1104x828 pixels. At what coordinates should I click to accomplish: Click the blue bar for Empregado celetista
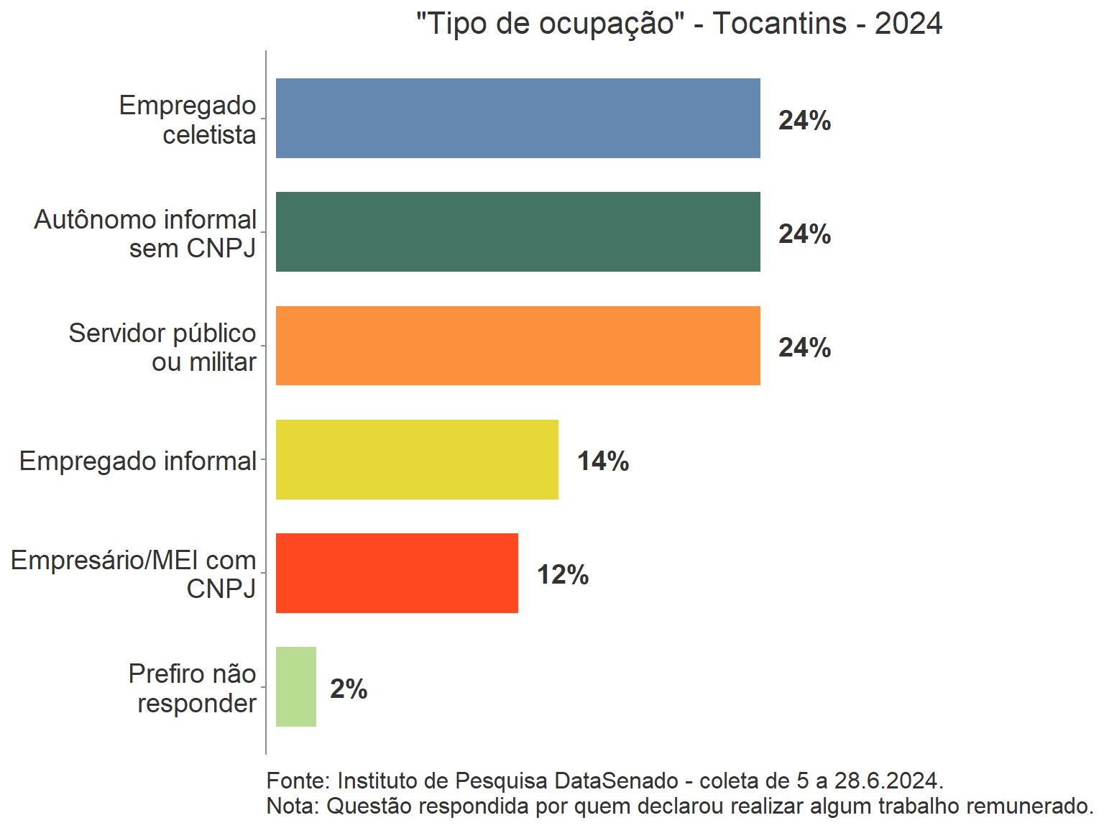pyautogui.click(x=517, y=118)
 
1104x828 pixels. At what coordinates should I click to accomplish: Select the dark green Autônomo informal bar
pyautogui.click(x=517, y=231)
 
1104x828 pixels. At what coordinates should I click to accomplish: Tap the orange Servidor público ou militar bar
pyautogui.click(x=517, y=346)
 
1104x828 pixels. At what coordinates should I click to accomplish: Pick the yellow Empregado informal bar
pyautogui.click(x=417, y=459)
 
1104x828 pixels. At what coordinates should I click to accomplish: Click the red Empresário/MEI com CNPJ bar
pyautogui.click(x=397, y=573)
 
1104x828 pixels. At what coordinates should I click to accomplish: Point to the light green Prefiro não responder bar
pyautogui.click(x=296, y=686)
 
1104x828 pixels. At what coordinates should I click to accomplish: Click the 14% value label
pyautogui.click(x=603, y=461)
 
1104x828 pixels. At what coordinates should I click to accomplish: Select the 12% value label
pyautogui.click(x=563, y=575)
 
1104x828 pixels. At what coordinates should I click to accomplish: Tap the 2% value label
pyautogui.click(x=349, y=689)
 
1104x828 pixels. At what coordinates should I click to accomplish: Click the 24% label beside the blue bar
pyautogui.click(x=804, y=121)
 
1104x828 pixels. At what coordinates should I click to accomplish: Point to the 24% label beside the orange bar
pyautogui.click(x=804, y=348)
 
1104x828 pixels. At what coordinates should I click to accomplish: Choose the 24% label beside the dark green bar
pyautogui.click(x=804, y=234)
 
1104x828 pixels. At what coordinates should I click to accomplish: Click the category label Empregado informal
pyautogui.click(x=138, y=461)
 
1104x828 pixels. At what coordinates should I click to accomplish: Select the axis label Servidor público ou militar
pyautogui.click(x=162, y=347)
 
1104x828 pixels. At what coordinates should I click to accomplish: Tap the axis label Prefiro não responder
pyautogui.click(x=193, y=688)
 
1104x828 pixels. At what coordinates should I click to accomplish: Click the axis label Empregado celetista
pyautogui.click(x=188, y=119)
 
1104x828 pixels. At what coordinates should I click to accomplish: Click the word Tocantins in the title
pyautogui.click(x=780, y=24)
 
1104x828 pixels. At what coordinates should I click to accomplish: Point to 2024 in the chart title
pyautogui.click(x=908, y=24)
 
